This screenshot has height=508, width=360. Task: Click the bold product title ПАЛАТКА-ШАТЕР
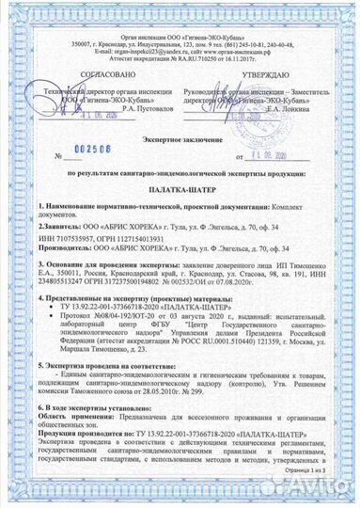click(x=180, y=188)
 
